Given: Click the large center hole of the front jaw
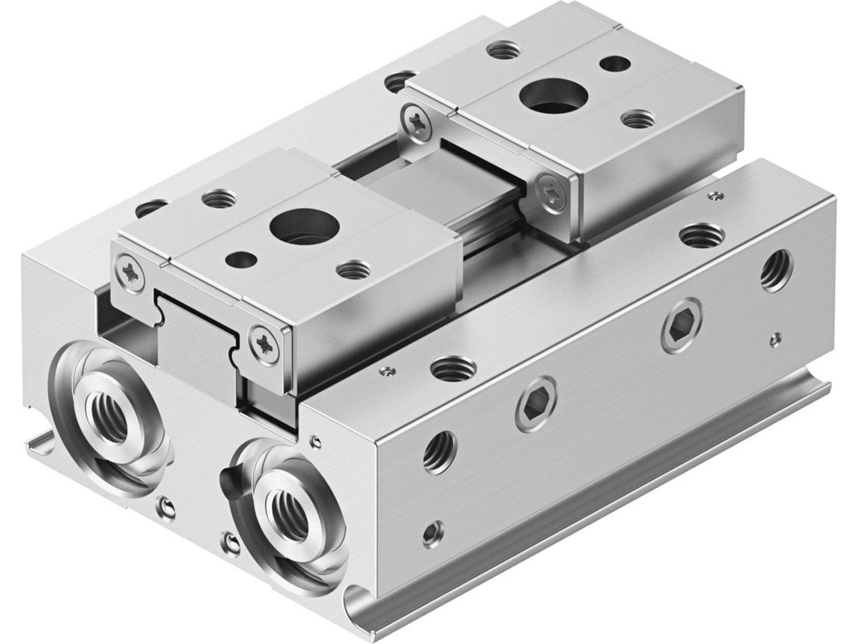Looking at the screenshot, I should pos(292,227).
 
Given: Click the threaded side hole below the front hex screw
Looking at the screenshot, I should pos(439,450).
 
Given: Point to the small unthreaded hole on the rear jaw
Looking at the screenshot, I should pos(610,64).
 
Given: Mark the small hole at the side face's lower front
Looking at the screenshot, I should pos(430,537).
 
